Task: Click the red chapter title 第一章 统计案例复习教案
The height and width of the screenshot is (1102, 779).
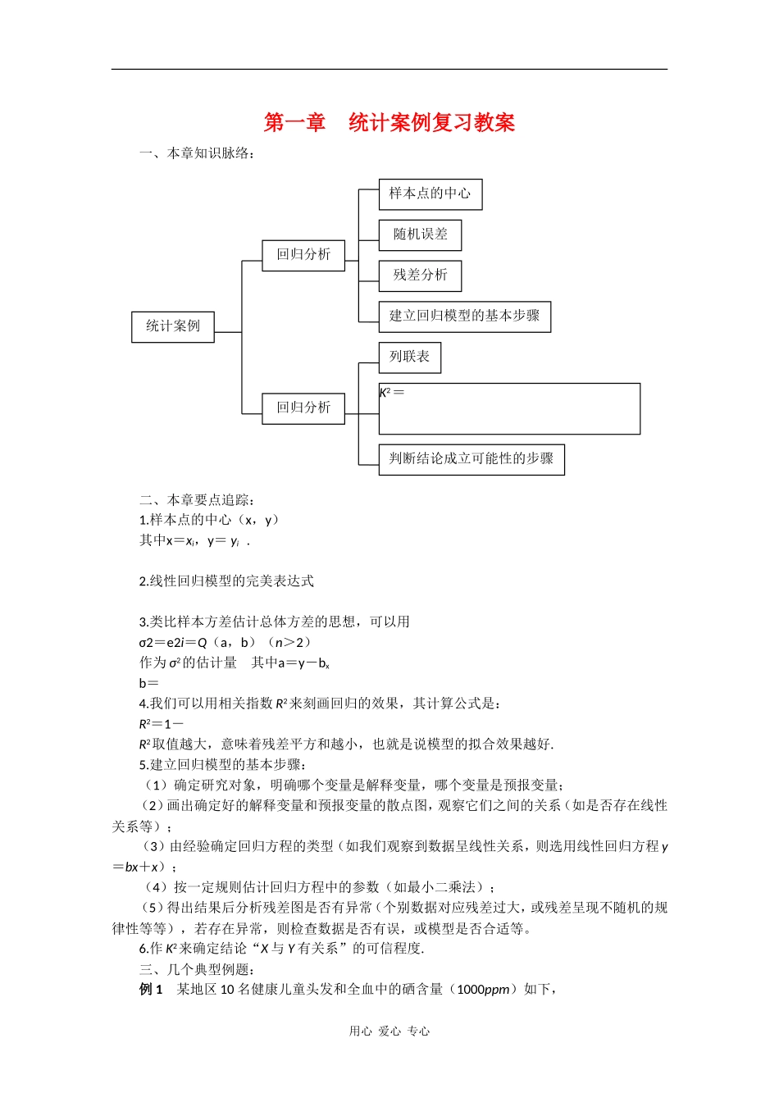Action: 389,123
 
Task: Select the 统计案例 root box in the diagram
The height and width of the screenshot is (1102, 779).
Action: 172,326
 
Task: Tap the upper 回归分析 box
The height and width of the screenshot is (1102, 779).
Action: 303,255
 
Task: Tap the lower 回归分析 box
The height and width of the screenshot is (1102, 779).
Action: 303,408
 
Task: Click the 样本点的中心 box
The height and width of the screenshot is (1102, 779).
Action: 430,194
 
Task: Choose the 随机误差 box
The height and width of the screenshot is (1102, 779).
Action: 420,235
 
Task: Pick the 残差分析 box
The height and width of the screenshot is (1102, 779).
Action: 420,275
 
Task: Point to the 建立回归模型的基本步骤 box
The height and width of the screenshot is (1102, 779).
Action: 464,316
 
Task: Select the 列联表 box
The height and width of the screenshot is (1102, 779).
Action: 409,357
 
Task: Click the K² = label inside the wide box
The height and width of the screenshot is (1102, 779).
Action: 392,393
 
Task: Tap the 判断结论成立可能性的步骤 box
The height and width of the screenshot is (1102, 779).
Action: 471,458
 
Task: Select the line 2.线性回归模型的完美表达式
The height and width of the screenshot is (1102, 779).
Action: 226,581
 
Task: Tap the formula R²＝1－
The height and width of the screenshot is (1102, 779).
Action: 162,724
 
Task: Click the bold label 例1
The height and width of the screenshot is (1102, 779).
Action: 152,990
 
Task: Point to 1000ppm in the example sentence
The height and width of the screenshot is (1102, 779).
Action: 483,990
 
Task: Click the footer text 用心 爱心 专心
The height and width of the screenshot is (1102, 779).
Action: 389,1031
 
